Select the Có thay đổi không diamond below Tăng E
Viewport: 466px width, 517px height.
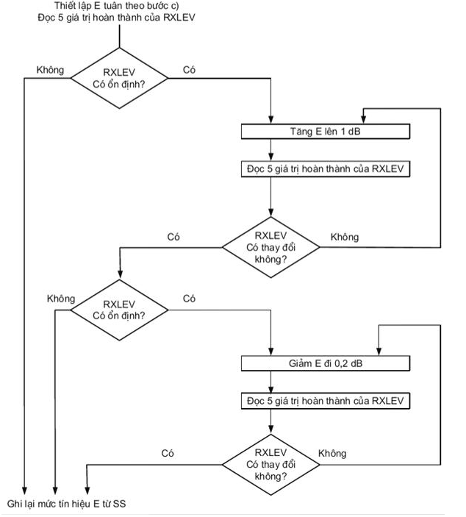[270, 247]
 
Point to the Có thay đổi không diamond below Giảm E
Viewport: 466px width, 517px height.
[270, 464]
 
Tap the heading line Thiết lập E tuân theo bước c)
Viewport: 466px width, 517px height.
[117, 5]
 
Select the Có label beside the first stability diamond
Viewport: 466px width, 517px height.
[189, 71]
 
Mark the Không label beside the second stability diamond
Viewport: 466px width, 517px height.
[61, 299]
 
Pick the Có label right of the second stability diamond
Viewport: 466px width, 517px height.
[189, 299]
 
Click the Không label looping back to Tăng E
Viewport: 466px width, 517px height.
[345, 237]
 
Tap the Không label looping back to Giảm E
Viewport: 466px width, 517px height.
[332, 453]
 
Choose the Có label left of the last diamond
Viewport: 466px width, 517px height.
[168, 453]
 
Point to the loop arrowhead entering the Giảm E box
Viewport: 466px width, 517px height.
[379, 352]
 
